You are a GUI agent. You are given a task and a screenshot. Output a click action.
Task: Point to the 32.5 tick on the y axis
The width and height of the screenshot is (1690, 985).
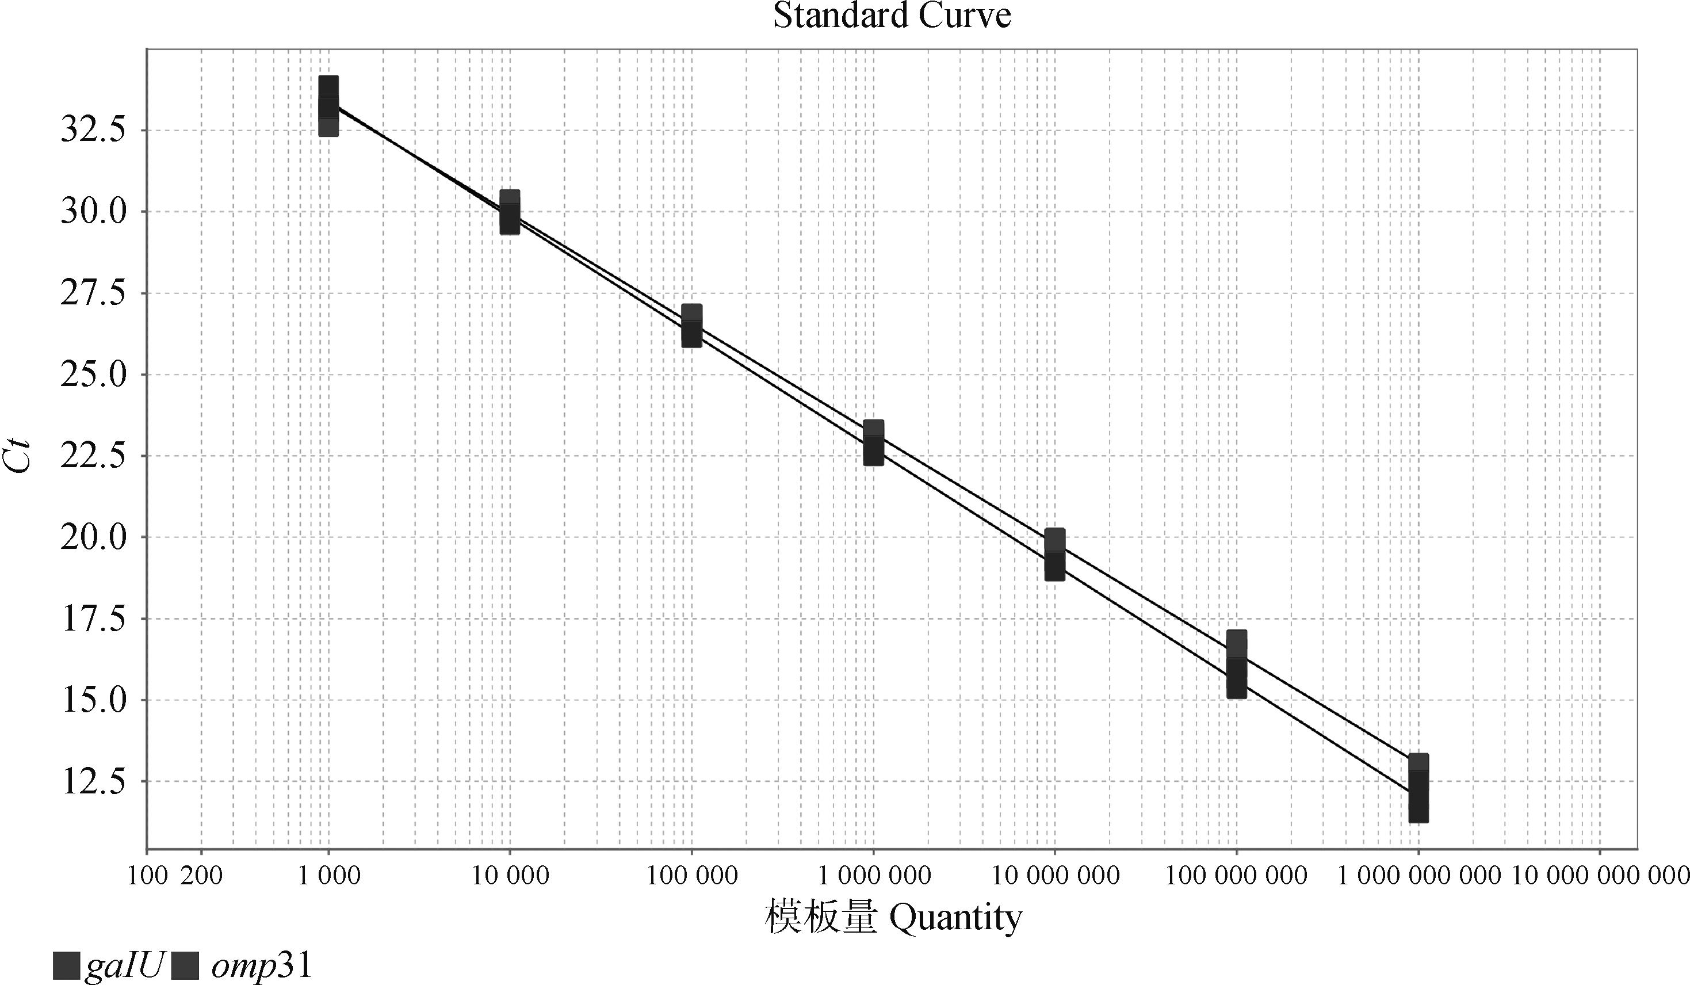click(x=93, y=130)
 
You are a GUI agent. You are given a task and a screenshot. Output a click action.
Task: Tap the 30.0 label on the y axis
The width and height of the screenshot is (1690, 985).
click(x=93, y=212)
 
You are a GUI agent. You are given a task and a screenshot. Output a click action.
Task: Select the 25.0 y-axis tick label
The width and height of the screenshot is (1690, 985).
click(x=93, y=375)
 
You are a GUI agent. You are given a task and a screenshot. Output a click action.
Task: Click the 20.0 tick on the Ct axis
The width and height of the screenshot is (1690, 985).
click(x=93, y=537)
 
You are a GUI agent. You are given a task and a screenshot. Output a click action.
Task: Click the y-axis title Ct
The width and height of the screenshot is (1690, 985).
click(x=20, y=456)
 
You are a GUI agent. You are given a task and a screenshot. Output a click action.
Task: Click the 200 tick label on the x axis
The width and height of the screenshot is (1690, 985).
click(x=202, y=876)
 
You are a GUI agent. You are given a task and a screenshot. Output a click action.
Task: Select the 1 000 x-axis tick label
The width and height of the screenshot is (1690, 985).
click(x=328, y=876)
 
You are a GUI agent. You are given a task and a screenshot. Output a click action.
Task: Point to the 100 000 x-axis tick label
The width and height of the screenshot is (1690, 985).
click(x=691, y=876)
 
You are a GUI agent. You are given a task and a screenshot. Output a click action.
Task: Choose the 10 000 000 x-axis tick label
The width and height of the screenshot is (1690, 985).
click(x=1055, y=876)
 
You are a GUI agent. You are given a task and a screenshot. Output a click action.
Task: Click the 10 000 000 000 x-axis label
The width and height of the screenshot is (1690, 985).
click(x=1600, y=876)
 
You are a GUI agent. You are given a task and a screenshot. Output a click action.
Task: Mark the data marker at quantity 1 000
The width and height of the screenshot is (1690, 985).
click(x=328, y=105)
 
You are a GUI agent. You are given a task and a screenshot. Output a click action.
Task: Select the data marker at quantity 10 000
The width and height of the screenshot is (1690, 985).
click(x=510, y=212)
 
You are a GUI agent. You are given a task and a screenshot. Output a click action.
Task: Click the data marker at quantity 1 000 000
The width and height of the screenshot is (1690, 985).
click(x=873, y=442)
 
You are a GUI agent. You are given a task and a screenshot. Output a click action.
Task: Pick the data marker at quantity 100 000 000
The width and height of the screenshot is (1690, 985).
click(x=1237, y=665)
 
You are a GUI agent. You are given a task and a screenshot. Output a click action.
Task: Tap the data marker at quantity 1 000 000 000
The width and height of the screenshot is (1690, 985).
click(x=1418, y=788)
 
